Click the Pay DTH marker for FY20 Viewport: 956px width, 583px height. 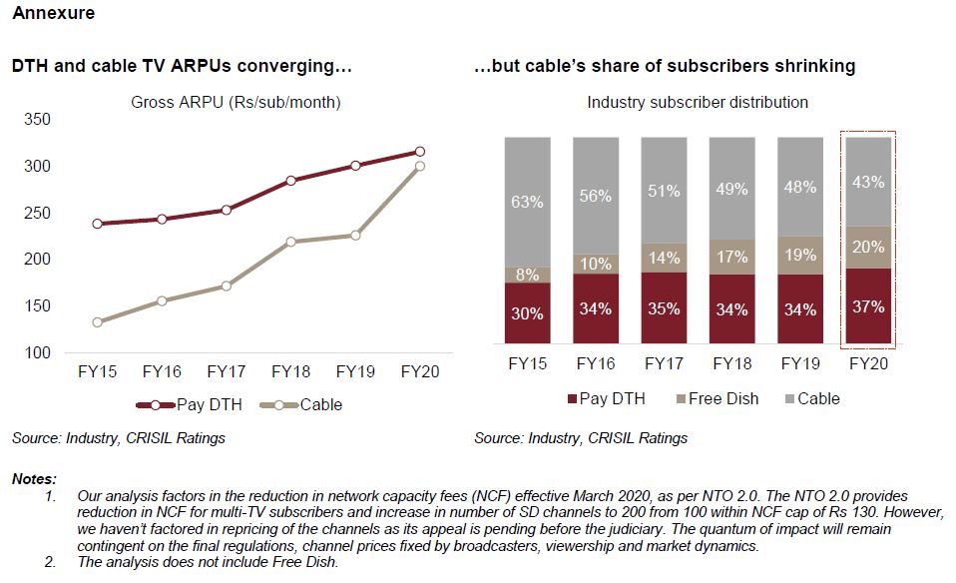point(419,152)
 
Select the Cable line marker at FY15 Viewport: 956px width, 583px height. point(98,322)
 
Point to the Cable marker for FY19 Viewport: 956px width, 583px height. point(355,236)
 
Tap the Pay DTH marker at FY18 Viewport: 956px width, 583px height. point(290,181)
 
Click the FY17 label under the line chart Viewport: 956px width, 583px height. point(227,371)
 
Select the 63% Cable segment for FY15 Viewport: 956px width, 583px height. point(527,202)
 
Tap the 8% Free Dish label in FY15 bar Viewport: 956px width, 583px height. point(527,275)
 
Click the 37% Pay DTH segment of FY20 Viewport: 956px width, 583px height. point(868,307)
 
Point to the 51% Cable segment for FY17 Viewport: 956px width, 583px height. point(664,191)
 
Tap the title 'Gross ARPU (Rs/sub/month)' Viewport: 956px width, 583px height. point(236,102)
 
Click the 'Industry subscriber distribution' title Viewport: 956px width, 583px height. point(698,102)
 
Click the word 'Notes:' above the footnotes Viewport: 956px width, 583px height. point(34,480)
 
